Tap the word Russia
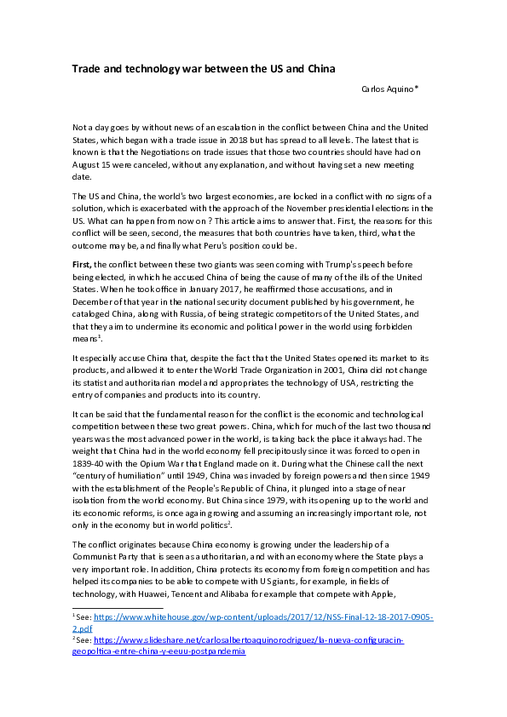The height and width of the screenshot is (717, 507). coord(189,321)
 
